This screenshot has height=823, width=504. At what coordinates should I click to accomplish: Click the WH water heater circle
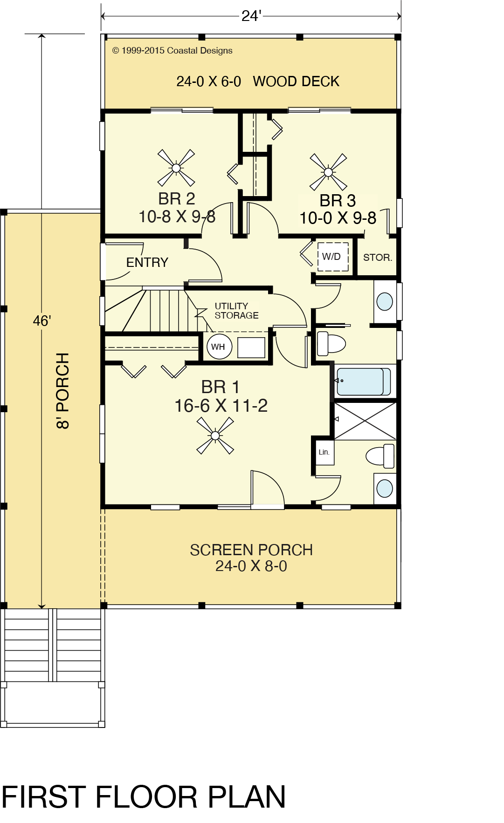click(219, 347)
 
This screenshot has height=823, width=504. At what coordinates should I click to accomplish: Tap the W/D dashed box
click(333, 257)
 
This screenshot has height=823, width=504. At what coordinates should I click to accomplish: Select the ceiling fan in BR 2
click(176, 168)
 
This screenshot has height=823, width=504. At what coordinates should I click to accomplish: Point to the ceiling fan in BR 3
click(329, 172)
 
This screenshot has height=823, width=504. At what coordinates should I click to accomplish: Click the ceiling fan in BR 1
click(215, 435)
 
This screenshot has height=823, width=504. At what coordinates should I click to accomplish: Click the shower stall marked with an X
click(365, 421)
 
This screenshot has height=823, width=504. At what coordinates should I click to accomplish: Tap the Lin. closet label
click(324, 452)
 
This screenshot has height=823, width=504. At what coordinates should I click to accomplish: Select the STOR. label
click(378, 258)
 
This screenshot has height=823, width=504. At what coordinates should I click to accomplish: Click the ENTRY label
click(147, 263)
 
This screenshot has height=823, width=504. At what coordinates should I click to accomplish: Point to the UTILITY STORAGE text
click(236, 311)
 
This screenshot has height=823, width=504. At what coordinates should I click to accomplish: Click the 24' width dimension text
click(251, 16)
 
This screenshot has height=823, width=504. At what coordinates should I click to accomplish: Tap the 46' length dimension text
click(42, 321)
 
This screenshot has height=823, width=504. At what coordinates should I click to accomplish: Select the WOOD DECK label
click(296, 82)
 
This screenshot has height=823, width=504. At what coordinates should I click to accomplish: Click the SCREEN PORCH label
click(251, 550)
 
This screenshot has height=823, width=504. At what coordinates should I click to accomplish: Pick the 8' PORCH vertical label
click(63, 390)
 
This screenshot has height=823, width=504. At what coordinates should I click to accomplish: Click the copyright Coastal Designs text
click(172, 51)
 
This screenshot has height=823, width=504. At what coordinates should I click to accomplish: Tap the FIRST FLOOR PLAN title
click(144, 797)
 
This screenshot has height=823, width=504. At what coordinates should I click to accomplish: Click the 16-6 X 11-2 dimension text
click(221, 406)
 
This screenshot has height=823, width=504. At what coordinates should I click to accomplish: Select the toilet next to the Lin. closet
click(380, 456)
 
